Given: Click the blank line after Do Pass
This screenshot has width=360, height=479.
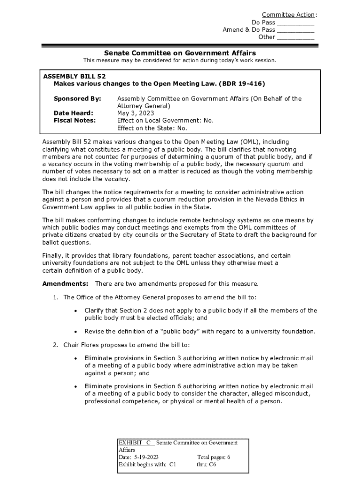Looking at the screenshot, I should point(295,23).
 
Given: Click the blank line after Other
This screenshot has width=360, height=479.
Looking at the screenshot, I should point(295,38).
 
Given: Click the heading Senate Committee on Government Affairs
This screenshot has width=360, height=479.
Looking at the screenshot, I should point(180,53).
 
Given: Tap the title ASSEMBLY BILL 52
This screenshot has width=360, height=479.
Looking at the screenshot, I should point(71,76).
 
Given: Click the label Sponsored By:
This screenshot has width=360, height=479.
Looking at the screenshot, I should point(77,99).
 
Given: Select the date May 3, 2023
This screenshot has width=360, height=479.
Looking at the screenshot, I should point(136,113).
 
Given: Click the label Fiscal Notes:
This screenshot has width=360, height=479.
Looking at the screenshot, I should point(74,120).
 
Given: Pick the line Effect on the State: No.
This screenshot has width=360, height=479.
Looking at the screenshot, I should point(152,128).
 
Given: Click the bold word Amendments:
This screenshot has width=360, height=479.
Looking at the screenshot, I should point(65,283).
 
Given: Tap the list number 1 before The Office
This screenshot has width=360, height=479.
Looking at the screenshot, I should point(55,297).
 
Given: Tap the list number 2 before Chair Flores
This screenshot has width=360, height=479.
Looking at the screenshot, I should point(55,345).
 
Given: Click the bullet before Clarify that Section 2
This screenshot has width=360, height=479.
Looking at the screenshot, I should point(75,311).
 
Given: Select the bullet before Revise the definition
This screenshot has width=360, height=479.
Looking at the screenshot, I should point(75,332).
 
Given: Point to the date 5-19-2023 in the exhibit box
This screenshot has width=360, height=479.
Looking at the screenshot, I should point(146,457).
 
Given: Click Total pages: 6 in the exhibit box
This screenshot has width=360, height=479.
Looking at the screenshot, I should point(214,457).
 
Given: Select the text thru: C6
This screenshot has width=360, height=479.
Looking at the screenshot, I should point(206,464).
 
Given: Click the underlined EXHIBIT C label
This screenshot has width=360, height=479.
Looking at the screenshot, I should point(136,443).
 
